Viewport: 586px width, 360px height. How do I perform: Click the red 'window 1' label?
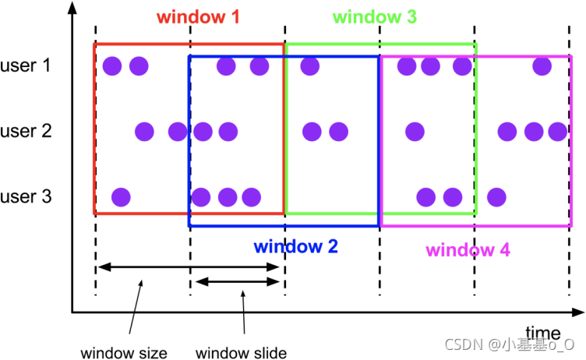(198, 17)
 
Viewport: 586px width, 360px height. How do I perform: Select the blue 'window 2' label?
(295, 247)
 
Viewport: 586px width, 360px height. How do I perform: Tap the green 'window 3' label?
(374, 17)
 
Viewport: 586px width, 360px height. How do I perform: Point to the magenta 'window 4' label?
(468, 250)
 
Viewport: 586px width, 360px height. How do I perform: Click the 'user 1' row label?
(28, 65)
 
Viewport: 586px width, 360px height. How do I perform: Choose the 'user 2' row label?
(28, 131)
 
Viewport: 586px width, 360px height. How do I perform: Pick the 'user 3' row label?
(28, 196)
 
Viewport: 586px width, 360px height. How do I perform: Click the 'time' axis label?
(542, 332)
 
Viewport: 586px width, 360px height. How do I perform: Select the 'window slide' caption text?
(241, 353)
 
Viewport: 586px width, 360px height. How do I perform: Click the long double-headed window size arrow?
(187, 267)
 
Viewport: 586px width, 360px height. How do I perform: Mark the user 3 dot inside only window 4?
(497, 196)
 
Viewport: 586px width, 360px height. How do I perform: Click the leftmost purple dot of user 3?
(121, 196)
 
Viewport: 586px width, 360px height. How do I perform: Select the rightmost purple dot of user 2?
(557, 131)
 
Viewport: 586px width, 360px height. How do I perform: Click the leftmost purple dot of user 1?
(112, 66)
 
